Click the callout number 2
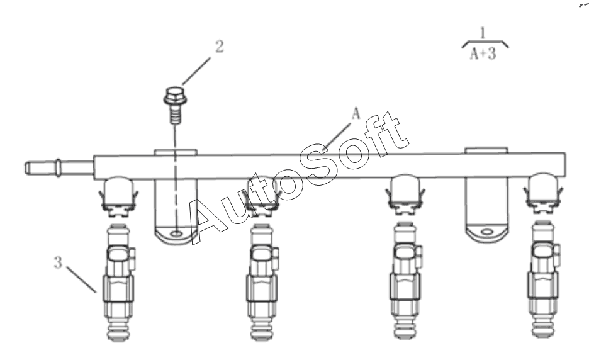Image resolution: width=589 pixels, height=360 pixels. coord(219,47)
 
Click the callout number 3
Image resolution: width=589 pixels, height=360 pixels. coord(58,262)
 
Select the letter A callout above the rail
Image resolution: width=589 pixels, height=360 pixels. coord(356,113)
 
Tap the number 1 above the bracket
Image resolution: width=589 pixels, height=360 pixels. coord(483,33)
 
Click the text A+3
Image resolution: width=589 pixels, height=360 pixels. coord(483,53)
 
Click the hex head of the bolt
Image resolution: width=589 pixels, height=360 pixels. coord(175,96)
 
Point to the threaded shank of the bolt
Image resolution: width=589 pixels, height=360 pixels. coord(175,115)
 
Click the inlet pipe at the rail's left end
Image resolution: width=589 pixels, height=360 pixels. coord(59,167)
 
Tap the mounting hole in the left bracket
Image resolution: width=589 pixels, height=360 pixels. coord(176,233)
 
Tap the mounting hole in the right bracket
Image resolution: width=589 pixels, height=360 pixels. coord(486,232)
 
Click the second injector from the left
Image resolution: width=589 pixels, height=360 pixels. coord(262,283)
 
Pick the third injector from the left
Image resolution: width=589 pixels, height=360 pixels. coord(405,280)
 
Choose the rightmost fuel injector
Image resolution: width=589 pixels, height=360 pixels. coord(544,279)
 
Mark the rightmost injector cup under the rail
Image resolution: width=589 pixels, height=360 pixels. coord(544,193)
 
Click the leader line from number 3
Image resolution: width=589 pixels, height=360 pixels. coord(82,279)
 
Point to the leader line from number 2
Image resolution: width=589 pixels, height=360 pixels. coord(196,71)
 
